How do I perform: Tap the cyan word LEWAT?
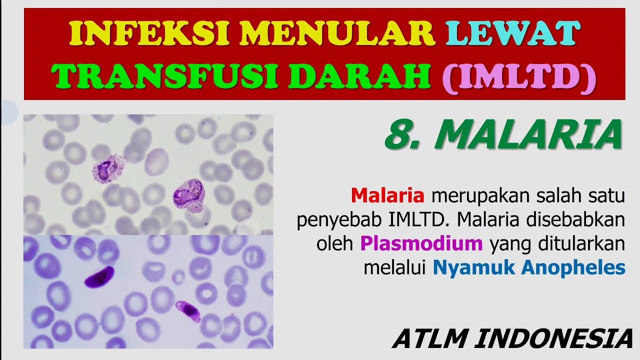[x=513, y=33]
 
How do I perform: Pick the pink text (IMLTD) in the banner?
[x=518, y=76]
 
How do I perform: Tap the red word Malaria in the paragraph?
[x=387, y=195]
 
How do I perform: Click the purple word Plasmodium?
[x=421, y=243]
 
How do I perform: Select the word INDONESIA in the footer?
[x=553, y=338]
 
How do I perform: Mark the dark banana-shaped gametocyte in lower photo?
[x=99, y=277]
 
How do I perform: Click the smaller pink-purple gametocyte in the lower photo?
[x=188, y=310]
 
